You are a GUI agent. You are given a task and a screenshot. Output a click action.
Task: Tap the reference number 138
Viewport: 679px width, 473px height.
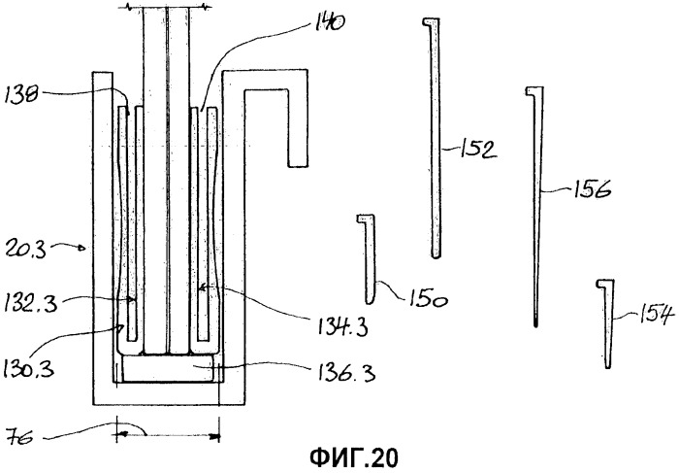(x=22, y=94)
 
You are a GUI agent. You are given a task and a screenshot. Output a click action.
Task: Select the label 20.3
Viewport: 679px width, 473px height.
(x=25, y=250)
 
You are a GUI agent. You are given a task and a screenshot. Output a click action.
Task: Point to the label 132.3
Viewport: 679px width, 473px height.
(x=31, y=303)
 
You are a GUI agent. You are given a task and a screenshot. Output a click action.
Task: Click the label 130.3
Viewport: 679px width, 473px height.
(x=29, y=368)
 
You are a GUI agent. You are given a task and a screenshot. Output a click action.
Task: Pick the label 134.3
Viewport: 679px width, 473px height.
(x=342, y=326)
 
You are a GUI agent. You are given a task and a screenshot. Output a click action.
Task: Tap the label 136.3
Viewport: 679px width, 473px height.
(x=346, y=372)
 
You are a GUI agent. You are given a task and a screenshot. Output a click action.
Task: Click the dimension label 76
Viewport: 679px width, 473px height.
(x=20, y=437)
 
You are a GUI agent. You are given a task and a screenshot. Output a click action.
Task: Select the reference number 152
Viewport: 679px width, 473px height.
(x=477, y=150)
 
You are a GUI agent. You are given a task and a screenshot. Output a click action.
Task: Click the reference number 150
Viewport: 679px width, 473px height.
(x=427, y=299)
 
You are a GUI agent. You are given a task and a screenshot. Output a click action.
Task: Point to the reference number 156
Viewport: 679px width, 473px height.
(x=593, y=189)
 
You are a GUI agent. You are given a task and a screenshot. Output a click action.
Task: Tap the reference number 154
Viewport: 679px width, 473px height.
(x=658, y=316)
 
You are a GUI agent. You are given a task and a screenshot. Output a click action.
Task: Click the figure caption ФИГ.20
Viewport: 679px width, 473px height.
(x=354, y=457)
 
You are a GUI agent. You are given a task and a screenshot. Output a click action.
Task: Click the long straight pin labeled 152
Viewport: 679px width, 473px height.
(x=435, y=138)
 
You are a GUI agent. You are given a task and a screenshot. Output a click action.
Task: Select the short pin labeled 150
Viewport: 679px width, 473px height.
(x=369, y=258)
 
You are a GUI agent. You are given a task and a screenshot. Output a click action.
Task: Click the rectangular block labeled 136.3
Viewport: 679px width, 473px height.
(x=168, y=369)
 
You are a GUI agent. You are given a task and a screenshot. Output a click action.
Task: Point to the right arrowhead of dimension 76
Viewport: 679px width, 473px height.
(x=215, y=436)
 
